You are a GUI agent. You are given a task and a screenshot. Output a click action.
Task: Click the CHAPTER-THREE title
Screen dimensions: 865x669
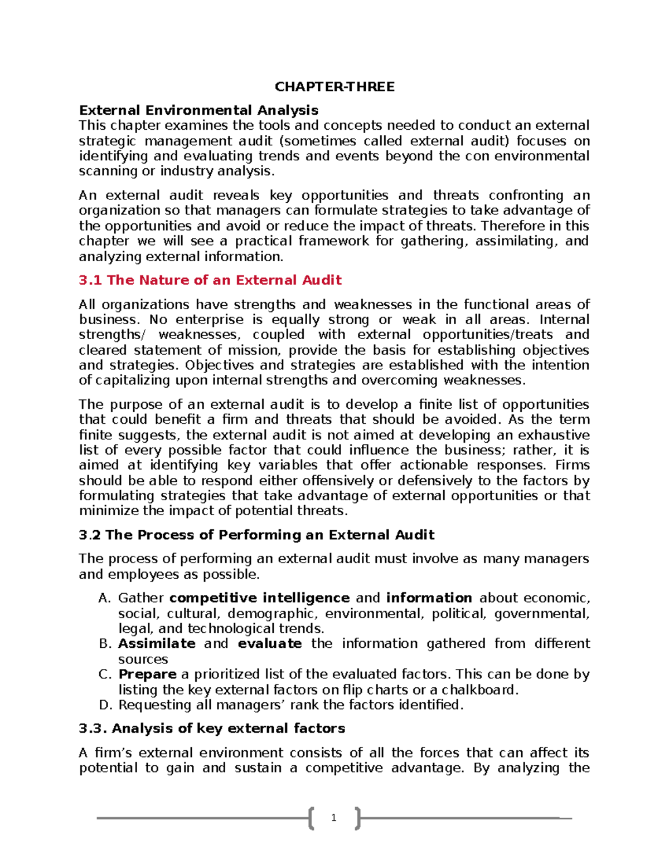click(334, 86)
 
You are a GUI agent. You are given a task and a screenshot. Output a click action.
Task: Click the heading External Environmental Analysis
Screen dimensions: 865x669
click(198, 110)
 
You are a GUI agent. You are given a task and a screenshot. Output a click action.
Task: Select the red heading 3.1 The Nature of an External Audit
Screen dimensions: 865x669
click(210, 280)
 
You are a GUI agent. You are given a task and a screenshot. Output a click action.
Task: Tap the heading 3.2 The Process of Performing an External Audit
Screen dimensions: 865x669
click(256, 535)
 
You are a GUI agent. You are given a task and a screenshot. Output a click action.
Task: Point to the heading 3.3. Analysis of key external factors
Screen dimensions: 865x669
click(212, 729)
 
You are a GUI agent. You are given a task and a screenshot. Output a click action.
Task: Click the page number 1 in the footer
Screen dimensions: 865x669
click(333, 818)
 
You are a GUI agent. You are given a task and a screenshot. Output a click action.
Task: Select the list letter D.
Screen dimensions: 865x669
click(104, 705)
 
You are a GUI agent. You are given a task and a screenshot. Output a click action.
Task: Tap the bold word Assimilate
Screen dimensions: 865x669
click(157, 644)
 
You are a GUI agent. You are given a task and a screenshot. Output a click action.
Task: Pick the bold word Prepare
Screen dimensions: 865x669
click(147, 675)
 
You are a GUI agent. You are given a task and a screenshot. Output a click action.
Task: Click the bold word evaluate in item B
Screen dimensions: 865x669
click(270, 644)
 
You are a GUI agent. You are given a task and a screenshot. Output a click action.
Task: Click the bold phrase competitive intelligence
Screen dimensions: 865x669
click(259, 598)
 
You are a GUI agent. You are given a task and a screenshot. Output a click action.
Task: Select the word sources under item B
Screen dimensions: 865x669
click(143, 659)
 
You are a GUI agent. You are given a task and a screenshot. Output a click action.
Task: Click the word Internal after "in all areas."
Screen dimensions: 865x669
click(564, 320)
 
